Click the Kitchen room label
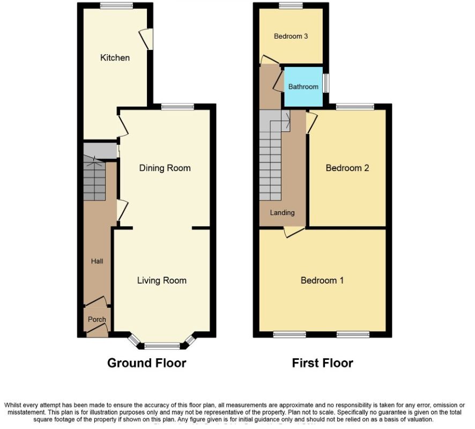115,57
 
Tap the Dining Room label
165,168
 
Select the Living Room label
162,280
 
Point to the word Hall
97,261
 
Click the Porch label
97,319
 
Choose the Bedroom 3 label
291,36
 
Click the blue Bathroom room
303,86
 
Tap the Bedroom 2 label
347,168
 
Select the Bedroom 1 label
322,280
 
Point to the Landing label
282,212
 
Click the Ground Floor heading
147,363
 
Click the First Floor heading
323,363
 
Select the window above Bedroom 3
291,5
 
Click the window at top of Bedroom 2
355,107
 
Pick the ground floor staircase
95,180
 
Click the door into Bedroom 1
294,231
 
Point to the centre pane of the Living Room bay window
162,345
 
